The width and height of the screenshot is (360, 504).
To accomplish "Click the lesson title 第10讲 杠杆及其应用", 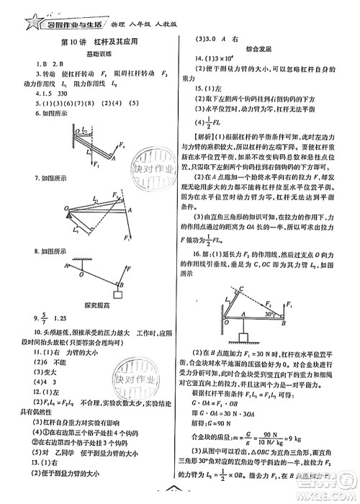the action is coord(90,42).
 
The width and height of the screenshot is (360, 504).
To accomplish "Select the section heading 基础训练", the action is coord(90,55).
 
